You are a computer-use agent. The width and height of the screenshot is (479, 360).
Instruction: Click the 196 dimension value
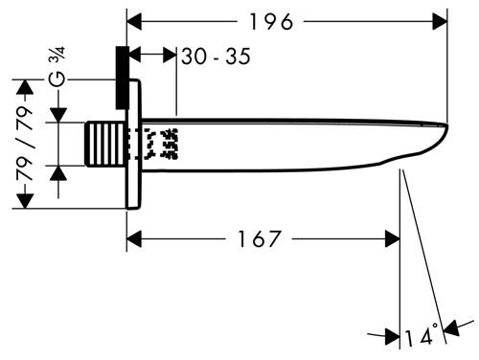(x=271, y=22)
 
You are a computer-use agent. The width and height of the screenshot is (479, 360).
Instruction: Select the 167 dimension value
(x=260, y=238)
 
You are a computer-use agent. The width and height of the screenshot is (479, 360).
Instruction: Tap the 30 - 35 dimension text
(x=216, y=56)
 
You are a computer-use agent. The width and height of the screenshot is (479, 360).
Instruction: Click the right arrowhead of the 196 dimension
(x=440, y=22)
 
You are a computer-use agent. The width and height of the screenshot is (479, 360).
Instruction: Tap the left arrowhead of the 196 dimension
(x=134, y=22)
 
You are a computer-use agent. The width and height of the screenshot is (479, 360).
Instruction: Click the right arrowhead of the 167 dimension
(x=393, y=238)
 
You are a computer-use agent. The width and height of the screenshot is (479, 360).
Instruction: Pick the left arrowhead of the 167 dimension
(x=134, y=238)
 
